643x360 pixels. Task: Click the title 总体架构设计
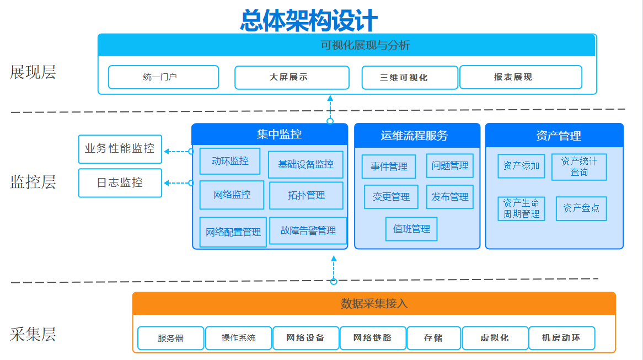[x=309, y=20]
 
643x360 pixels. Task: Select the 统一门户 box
[x=163, y=77]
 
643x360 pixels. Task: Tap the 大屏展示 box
[x=292, y=78]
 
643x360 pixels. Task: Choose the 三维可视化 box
[x=410, y=78]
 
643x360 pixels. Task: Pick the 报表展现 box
[x=521, y=77]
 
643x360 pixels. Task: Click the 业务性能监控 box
[x=120, y=149]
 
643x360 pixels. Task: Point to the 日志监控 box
[x=120, y=183]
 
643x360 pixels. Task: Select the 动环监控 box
[x=230, y=161]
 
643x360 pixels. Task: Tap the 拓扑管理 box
[x=306, y=196]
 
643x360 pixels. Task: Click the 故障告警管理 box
[x=308, y=231]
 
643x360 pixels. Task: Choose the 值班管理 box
[x=411, y=229]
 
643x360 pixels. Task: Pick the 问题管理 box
[x=450, y=165]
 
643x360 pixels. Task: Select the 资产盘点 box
[x=581, y=209]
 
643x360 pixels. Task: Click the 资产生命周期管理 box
[x=521, y=209]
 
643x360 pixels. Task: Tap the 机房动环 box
[x=562, y=338]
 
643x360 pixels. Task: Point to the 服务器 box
[x=170, y=338]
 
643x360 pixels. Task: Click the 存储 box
[x=433, y=338]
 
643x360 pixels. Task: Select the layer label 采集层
[x=33, y=335]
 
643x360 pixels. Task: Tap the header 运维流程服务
[x=414, y=136]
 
